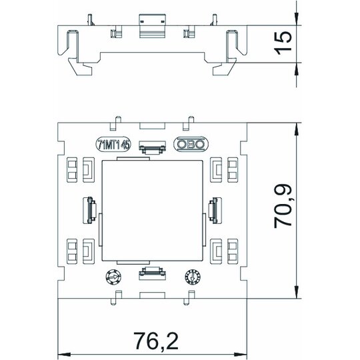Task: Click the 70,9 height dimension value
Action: pos(283,207)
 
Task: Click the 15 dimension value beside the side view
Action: pos(283,43)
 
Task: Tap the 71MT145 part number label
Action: pos(113,145)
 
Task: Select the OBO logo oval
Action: pos(191,144)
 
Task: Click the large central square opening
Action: pos(152,210)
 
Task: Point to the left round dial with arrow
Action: pos(113,277)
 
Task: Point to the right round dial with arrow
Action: pos(193,277)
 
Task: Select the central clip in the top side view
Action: pos(153,26)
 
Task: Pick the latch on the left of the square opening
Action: pos(90,210)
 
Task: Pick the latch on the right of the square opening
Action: pos(215,210)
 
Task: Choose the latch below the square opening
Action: pos(152,273)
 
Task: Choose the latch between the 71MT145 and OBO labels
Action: pos(152,147)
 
